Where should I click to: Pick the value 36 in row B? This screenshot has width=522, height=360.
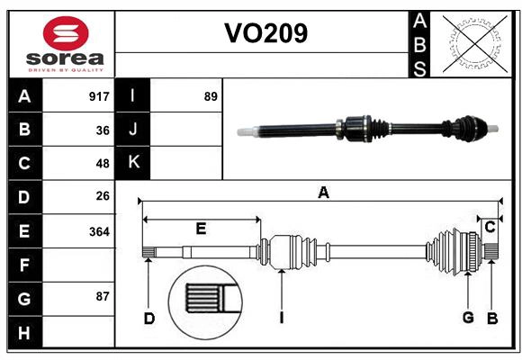103,130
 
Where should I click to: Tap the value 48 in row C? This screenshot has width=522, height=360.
103,163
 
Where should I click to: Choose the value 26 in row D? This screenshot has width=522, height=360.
103,196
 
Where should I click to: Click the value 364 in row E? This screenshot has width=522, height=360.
99,231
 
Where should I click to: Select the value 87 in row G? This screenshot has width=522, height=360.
103,297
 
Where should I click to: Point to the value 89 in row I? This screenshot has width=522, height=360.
211,96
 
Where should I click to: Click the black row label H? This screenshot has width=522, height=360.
24,332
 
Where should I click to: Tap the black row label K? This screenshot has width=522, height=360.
133,163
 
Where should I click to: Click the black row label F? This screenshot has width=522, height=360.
24,265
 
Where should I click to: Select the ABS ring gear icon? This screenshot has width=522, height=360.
472,42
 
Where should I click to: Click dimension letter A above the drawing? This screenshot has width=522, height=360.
323,192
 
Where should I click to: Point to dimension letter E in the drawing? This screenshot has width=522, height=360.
200,229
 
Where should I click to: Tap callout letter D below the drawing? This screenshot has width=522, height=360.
149,318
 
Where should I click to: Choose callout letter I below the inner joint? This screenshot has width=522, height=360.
281,318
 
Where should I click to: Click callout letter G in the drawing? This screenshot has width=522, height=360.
468,318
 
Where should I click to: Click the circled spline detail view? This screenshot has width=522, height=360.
206,298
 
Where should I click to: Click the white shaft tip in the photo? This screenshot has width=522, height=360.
245,131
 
